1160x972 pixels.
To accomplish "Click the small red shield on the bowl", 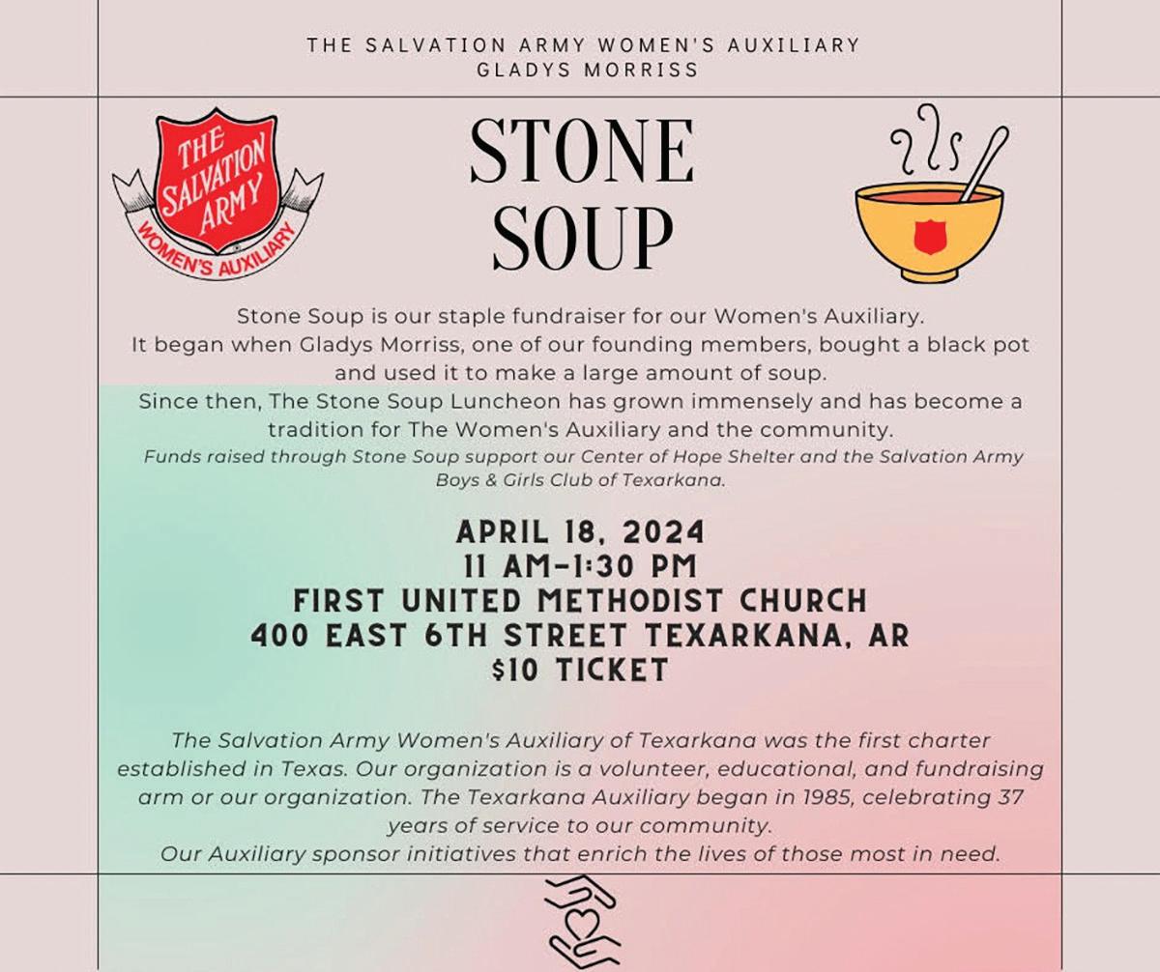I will [x=929, y=236].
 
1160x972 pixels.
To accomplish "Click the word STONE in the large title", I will [x=582, y=153].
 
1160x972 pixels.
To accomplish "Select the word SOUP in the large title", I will [x=582, y=239].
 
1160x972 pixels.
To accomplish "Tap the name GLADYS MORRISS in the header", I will [x=582, y=70].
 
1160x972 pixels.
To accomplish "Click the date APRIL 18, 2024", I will [x=580, y=532].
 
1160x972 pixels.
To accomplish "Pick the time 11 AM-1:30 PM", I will [x=582, y=566].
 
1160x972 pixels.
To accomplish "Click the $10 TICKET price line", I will [x=580, y=670].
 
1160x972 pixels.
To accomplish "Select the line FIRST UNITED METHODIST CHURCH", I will [x=580, y=601].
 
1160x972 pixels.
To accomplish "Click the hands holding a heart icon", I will [x=580, y=924].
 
